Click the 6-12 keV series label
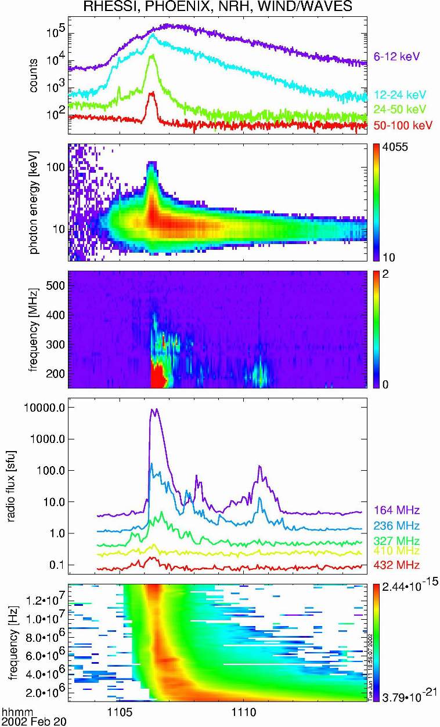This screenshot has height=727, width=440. (x=396, y=56)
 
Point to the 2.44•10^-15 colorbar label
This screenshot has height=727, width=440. (x=404, y=589)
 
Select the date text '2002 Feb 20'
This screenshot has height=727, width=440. (x=27, y=721)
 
